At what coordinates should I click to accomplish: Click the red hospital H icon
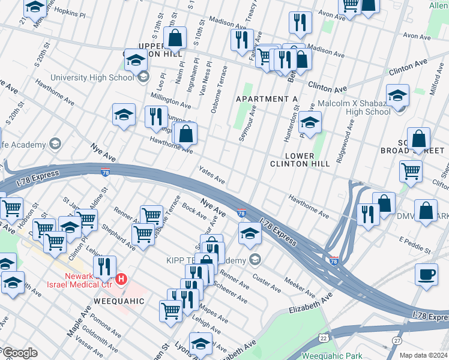pos(122,278)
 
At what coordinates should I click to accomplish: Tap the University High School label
pos(92,77)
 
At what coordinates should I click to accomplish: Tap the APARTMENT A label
pos(267,98)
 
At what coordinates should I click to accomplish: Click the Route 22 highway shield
pos(324,339)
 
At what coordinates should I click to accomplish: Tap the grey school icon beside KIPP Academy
pos(256,260)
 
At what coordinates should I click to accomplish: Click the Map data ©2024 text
pos(423,355)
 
